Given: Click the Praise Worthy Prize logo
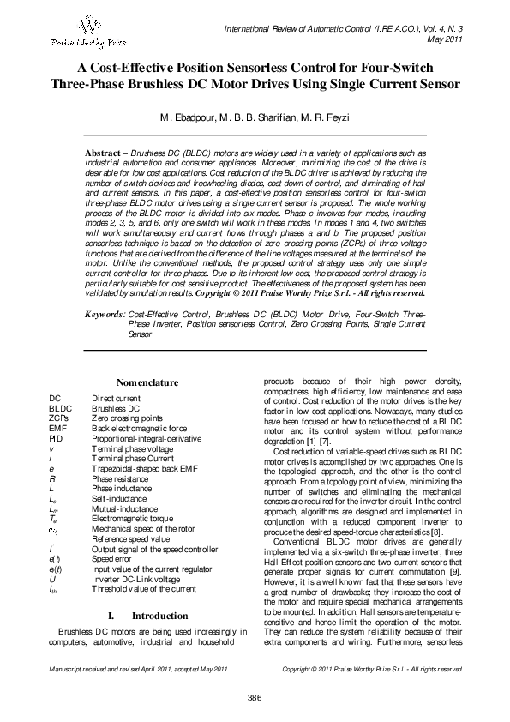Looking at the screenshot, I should click(x=83, y=33).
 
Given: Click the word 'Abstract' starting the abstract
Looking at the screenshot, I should click(x=102, y=152).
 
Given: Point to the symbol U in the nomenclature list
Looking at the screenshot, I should click(x=53, y=579).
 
